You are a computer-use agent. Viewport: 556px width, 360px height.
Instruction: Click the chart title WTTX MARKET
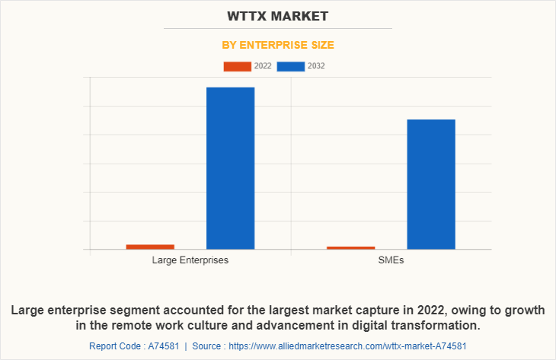[x=277, y=15]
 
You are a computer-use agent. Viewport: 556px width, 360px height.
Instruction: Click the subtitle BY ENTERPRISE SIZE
[x=277, y=46]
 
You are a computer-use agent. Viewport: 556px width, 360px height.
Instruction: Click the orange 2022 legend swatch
[x=237, y=66]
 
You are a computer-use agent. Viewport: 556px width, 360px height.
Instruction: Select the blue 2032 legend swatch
[x=291, y=66]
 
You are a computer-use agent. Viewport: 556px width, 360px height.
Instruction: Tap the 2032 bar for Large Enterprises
[x=230, y=167]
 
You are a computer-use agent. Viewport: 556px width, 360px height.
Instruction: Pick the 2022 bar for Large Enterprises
[x=150, y=247]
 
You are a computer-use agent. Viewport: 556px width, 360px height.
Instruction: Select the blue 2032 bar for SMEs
[x=431, y=183]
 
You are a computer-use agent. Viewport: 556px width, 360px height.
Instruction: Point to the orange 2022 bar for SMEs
[x=351, y=247]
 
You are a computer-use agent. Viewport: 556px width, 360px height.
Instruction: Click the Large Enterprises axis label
[x=190, y=260]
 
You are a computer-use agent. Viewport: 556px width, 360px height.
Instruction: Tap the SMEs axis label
[x=391, y=260]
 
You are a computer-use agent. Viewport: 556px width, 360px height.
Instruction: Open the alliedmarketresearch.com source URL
[x=347, y=346]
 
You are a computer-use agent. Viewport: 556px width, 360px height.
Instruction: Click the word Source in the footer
[x=208, y=346]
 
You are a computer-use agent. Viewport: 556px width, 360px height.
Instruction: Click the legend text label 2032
[x=317, y=66]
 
